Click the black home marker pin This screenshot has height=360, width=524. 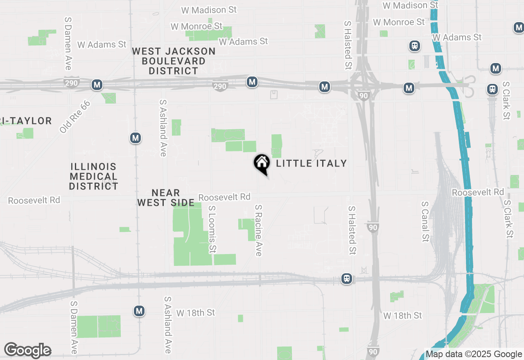(x=262, y=164)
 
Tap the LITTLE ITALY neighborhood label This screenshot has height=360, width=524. (x=312, y=163)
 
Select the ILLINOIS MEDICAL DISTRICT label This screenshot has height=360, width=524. (x=93, y=176)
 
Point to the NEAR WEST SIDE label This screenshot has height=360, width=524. (x=165, y=198)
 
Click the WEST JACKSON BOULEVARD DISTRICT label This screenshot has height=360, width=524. (x=174, y=61)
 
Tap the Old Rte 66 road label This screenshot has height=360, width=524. (x=75, y=117)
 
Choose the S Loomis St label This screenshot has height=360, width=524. (x=212, y=229)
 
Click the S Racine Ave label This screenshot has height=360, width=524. (x=258, y=230)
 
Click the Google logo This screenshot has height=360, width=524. (x=27, y=350)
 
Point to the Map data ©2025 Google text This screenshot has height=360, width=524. (x=474, y=354)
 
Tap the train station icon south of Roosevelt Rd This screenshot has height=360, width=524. (x=347, y=279)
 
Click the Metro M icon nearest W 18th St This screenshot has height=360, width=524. (x=139, y=311)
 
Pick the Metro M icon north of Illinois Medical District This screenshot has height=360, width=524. (x=136, y=138)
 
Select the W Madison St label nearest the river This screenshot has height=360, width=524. (x=410, y=5)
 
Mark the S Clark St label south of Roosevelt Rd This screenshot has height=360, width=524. (x=508, y=219)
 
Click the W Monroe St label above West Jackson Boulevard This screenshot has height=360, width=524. (x=196, y=26)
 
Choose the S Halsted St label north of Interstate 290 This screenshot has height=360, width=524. (x=348, y=45)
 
